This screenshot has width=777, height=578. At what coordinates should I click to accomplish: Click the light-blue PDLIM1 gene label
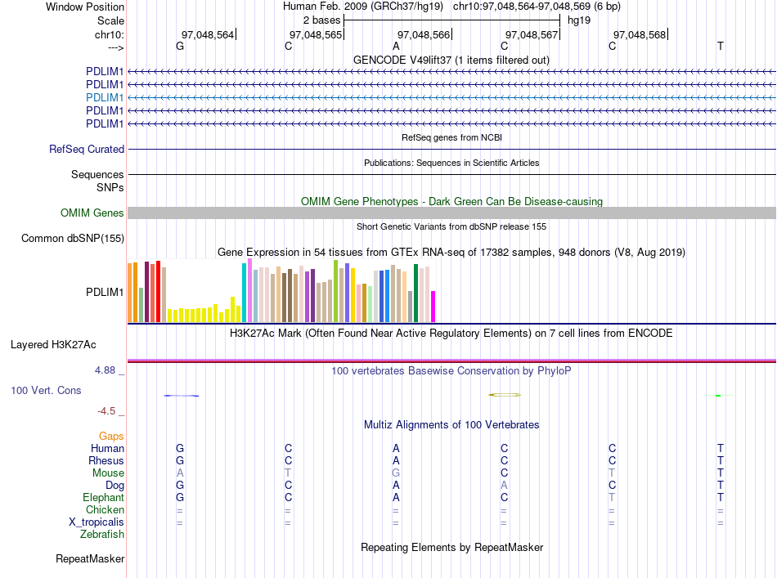(x=105, y=97)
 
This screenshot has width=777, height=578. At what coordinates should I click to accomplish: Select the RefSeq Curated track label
(x=87, y=149)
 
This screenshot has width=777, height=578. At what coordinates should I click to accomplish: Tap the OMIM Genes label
(x=92, y=213)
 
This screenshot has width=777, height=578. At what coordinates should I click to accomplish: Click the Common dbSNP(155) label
(x=73, y=238)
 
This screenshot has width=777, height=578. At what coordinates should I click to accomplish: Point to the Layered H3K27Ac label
(x=53, y=345)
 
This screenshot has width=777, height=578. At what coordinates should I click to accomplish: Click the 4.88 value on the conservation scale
(x=105, y=370)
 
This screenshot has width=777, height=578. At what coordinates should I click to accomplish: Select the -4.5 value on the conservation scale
(x=106, y=411)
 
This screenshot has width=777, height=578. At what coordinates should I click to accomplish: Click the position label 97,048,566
(x=424, y=34)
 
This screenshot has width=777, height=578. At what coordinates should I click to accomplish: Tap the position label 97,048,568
(x=640, y=34)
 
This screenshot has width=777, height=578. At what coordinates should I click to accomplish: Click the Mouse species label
(x=108, y=473)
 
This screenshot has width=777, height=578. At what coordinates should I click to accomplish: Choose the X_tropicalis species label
(x=97, y=522)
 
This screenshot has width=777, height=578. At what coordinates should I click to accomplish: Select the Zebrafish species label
(x=102, y=535)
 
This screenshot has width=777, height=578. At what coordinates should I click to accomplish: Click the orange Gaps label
(x=111, y=436)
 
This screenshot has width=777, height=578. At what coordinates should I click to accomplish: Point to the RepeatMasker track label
(x=90, y=558)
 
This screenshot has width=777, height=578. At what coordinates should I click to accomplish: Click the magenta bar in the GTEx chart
(x=433, y=307)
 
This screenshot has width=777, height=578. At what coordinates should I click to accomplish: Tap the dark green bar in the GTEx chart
(x=415, y=293)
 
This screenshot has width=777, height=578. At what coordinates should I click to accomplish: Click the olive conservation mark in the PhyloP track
(x=505, y=395)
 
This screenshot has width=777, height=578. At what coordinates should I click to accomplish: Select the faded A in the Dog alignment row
(x=504, y=486)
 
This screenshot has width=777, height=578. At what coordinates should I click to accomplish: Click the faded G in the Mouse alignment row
(x=396, y=473)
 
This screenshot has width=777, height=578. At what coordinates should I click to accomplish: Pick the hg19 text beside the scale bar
(x=579, y=20)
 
